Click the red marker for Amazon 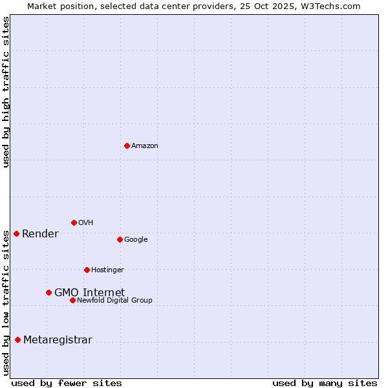(127, 145)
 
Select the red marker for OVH (74, 222)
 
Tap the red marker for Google (120, 239)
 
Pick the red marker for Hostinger (87, 270)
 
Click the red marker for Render (16, 233)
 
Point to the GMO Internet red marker (48, 292)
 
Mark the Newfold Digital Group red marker (72, 300)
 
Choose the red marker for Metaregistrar (17, 339)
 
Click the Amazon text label (145, 146)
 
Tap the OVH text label (86, 223)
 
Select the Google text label (136, 240)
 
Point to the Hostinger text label (107, 270)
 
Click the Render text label (40, 234)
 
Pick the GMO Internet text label (89, 293)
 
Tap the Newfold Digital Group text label (114, 301)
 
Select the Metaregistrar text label (58, 340)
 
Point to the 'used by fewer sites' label (67, 383)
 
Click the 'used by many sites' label (325, 383)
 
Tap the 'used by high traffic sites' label (6, 92)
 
